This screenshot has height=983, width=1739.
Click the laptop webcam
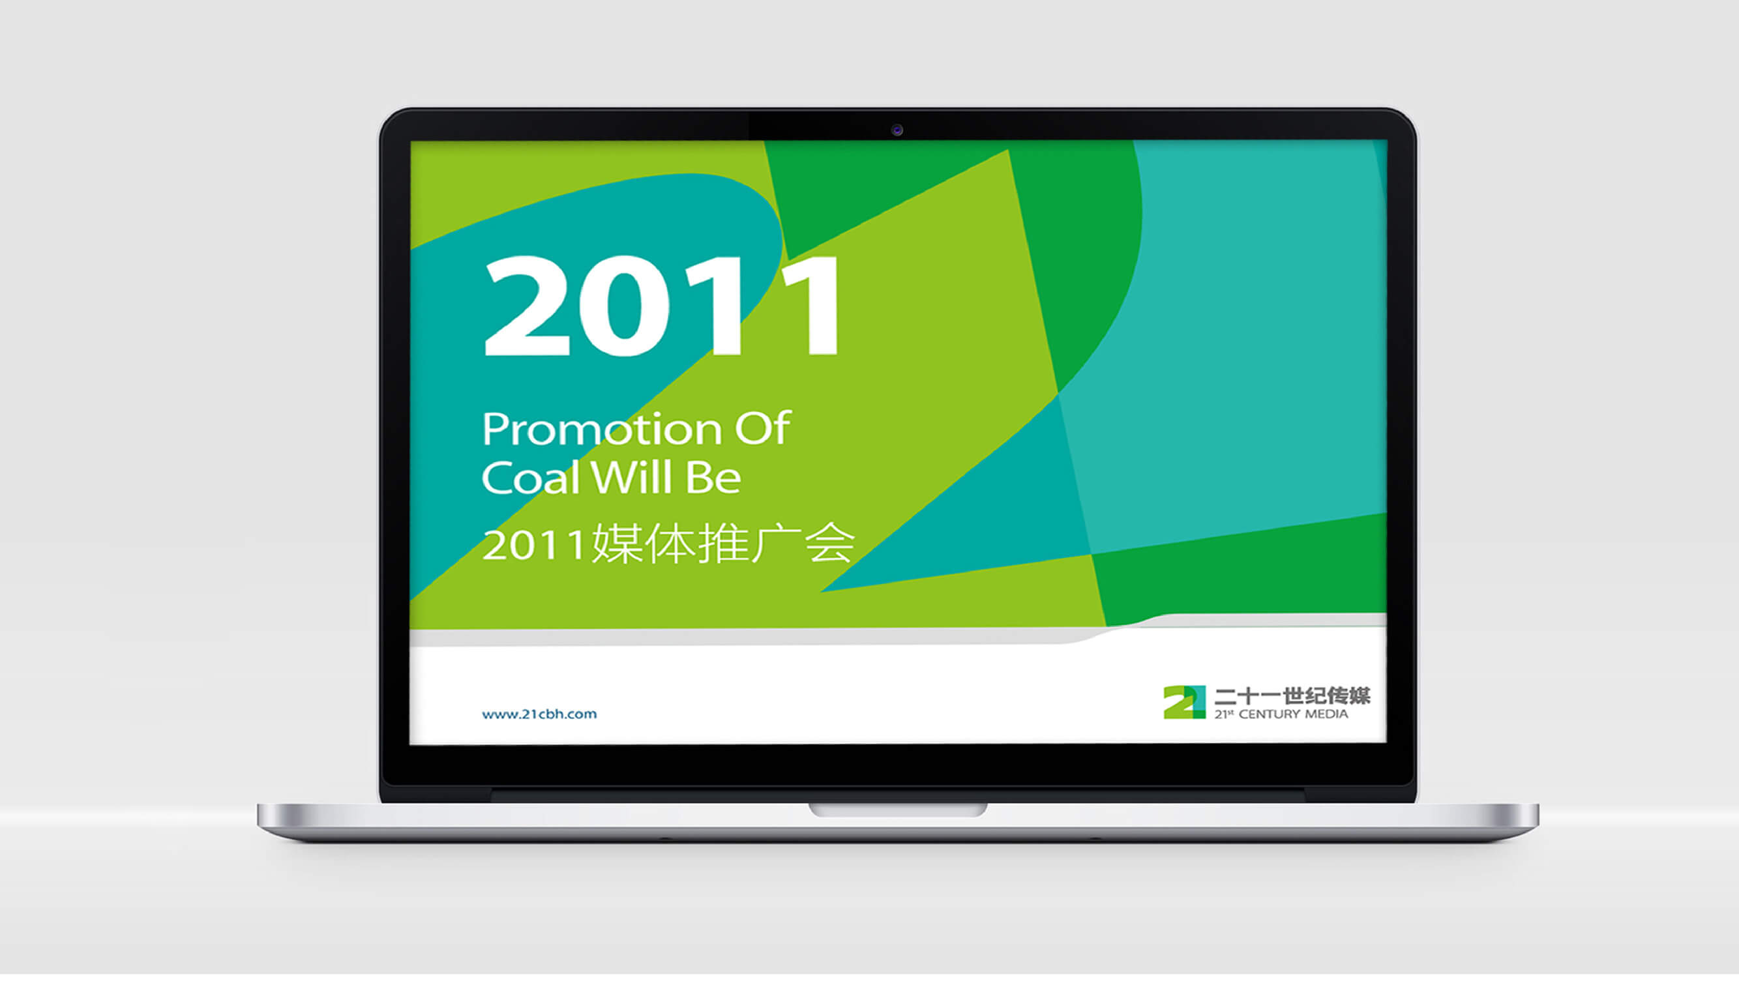[x=897, y=130]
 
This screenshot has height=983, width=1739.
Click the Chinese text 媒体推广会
[x=723, y=544]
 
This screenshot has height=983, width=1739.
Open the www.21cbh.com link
[x=539, y=714]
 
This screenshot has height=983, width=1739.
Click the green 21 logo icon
[x=1184, y=702]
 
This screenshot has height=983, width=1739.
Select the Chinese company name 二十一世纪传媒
[x=1292, y=696]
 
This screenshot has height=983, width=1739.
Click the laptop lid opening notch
[x=899, y=810]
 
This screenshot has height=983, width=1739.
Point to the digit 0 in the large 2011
[x=625, y=306]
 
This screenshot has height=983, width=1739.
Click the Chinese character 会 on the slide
[x=830, y=544]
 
